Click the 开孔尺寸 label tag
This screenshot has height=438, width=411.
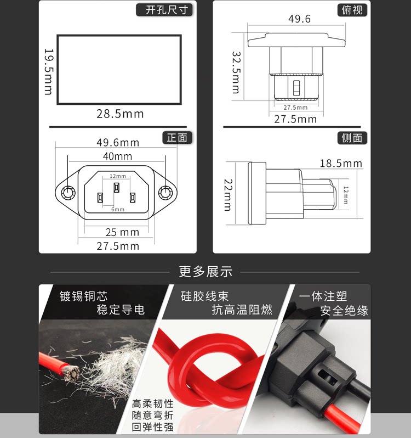(164, 10)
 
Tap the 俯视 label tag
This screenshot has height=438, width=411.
(352, 10)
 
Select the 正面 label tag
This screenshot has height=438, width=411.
(178, 138)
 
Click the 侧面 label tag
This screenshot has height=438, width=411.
(352, 138)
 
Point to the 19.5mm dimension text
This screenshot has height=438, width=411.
(49, 72)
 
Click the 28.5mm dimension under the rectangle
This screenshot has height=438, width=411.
(120, 114)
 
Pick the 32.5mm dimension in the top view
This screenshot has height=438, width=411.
(236, 72)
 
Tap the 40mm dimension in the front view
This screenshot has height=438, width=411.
(117, 156)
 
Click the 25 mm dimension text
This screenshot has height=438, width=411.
(122, 232)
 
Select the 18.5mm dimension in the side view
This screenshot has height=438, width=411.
(341, 164)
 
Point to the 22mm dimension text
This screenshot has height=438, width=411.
(228, 195)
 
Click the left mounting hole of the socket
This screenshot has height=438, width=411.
(68, 193)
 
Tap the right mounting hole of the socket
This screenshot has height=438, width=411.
(165, 193)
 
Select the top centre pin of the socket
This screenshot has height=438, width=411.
(117, 187)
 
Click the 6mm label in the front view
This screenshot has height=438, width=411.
(118, 210)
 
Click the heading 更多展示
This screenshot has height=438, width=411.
(206, 272)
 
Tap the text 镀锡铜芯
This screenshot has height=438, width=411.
(83, 296)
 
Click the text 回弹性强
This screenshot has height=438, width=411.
(153, 427)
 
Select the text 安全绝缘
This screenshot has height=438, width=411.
(344, 311)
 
